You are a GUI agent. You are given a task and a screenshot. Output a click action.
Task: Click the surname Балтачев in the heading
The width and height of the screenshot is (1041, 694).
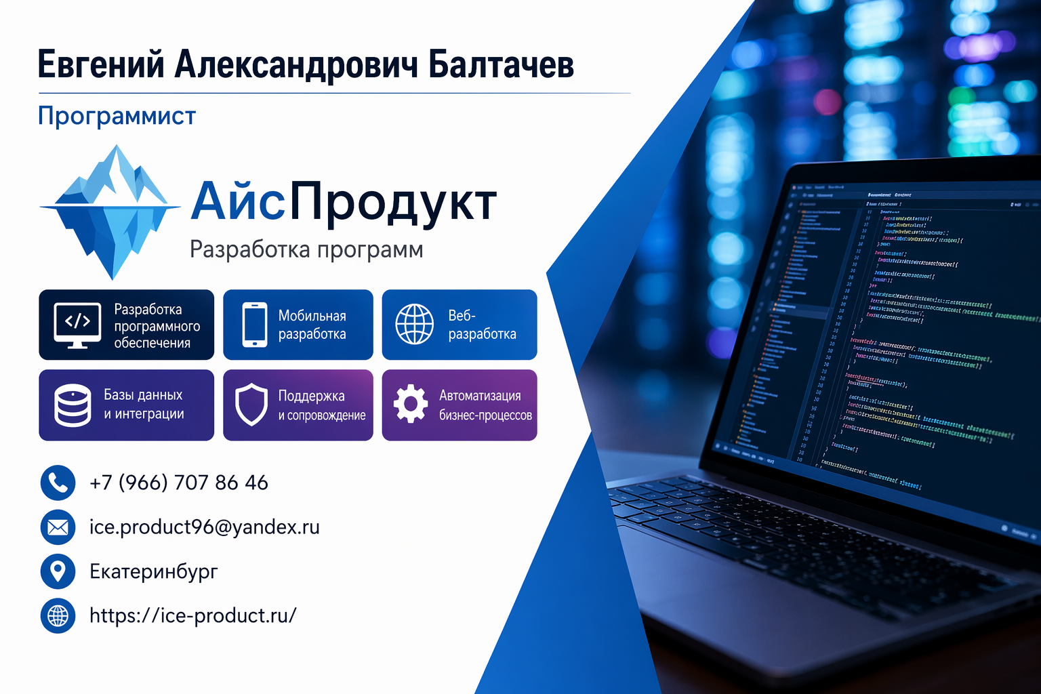(x=502, y=65)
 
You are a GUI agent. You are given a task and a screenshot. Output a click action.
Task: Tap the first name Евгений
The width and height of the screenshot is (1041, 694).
(x=101, y=65)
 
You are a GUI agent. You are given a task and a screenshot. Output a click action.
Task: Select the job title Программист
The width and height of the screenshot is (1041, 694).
(x=117, y=116)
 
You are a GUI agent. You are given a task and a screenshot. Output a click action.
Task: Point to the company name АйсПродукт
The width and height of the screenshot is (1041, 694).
(x=344, y=202)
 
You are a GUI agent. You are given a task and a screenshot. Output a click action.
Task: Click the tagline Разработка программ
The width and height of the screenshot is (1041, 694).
(x=306, y=249)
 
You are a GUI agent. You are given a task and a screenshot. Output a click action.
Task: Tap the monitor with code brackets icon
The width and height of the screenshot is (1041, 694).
(x=77, y=325)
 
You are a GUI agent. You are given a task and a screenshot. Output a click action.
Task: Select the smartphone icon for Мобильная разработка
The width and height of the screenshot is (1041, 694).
(x=255, y=325)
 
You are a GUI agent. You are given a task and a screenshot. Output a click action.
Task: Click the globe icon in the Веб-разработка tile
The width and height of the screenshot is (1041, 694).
(x=414, y=324)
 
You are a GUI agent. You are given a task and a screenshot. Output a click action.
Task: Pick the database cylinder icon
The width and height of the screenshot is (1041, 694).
(x=73, y=405)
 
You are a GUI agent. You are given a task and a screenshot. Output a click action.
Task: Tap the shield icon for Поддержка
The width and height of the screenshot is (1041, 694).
(x=251, y=405)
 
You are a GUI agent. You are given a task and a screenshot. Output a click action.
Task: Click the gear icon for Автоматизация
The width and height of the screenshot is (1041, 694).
(x=411, y=405)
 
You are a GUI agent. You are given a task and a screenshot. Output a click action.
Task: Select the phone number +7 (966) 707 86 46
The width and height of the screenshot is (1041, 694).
(x=179, y=483)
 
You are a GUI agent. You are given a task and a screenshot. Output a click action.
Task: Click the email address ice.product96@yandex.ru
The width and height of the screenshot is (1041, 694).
(x=205, y=527)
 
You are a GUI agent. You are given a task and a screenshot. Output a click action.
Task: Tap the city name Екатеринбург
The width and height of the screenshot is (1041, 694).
(x=154, y=571)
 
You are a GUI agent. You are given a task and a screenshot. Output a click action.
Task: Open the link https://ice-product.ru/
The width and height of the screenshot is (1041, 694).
(x=193, y=615)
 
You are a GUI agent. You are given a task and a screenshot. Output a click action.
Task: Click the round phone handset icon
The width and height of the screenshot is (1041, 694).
(x=58, y=483)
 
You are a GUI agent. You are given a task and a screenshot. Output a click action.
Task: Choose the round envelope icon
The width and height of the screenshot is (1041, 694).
(x=58, y=527)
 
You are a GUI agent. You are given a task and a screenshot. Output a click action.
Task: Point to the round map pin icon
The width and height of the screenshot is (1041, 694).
(x=58, y=571)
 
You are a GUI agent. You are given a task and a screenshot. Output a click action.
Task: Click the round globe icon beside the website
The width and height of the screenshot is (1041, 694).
(x=58, y=616)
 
